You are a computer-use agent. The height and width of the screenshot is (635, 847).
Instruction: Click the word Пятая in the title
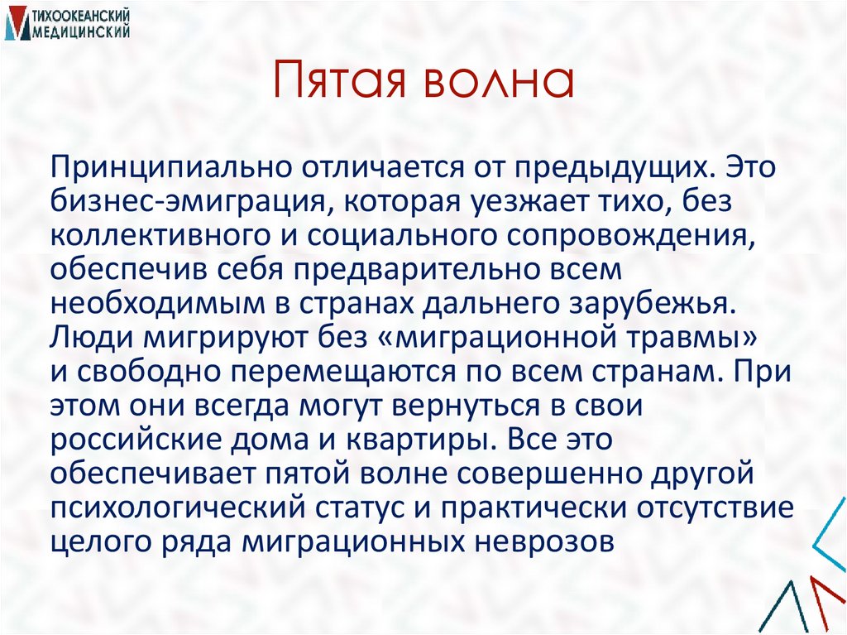coord(342,84)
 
